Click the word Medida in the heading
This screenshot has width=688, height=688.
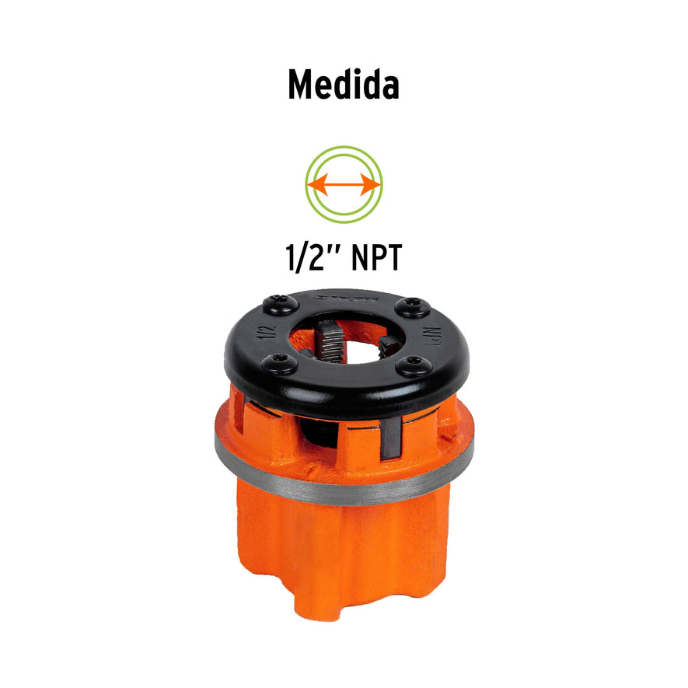pyautogui.click(x=344, y=84)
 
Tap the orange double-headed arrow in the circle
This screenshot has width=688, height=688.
pyautogui.click(x=344, y=184)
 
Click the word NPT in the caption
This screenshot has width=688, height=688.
pyautogui.click(x=376, y=258)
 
